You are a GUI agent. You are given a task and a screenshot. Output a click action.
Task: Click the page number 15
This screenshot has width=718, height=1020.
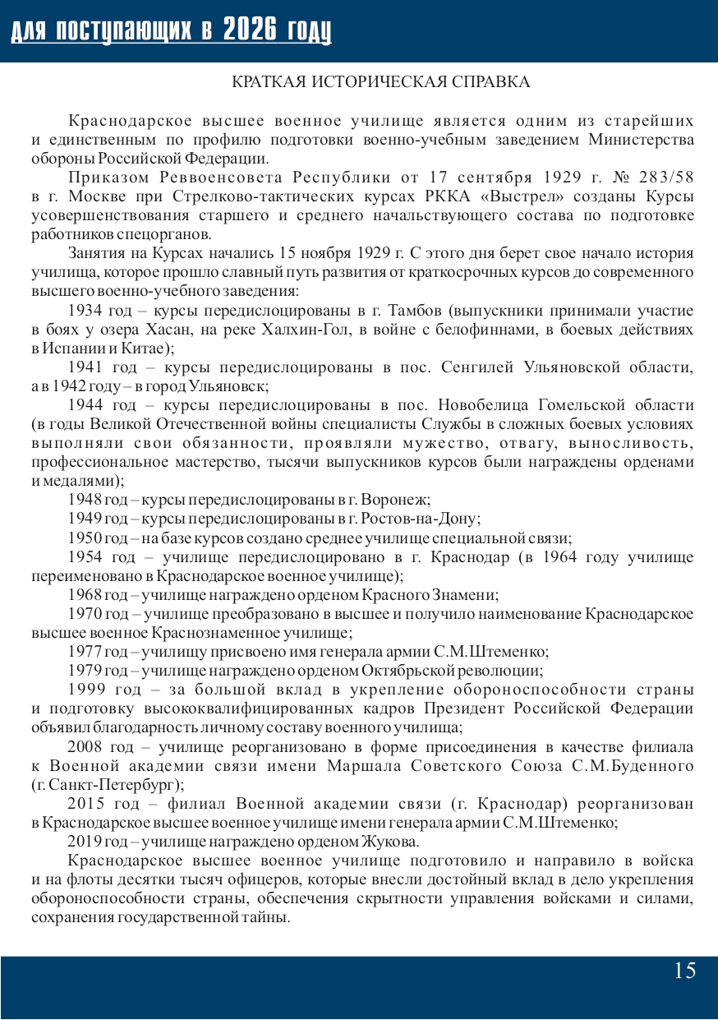coord(684,971)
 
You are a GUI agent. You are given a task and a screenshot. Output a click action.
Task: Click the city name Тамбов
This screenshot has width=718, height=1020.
coord(413,311)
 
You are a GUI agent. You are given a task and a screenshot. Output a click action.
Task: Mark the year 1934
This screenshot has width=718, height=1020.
coord(85,311)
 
